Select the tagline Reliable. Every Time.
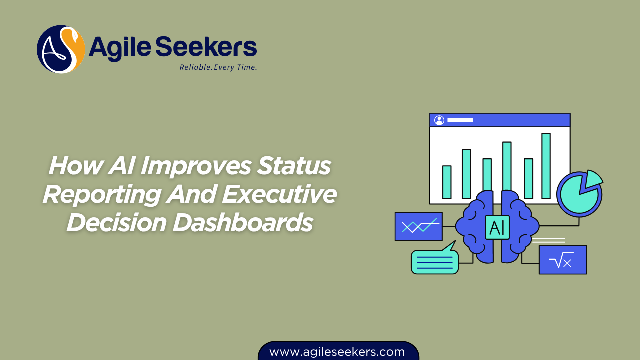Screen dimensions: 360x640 [x=218, y=67]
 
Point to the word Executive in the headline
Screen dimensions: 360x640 [x=279, y=194]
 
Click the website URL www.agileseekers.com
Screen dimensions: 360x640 [x=337, y=352]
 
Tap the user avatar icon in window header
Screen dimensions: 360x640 [x=439, y=120]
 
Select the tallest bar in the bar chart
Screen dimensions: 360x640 [x=546, y=166]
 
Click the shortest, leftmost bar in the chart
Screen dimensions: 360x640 [x=447, y=182]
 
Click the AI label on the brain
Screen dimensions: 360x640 [x=497, y=227]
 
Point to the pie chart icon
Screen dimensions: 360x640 [x=578, y=194]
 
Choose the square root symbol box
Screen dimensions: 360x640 [x=562, y=260]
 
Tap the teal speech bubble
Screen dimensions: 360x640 [x=434, y=261]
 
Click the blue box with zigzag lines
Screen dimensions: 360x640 [x=418, y=227]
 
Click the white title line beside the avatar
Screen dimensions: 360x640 [x=460, y=120]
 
